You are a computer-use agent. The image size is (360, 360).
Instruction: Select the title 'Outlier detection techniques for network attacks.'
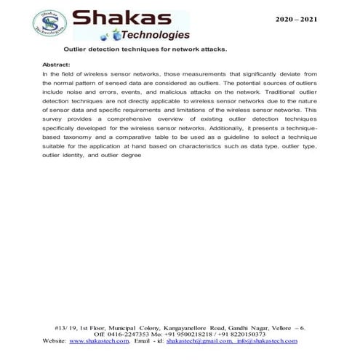click(x=145, y=50)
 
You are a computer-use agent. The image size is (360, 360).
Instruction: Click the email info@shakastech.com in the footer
click(x=266, y=340)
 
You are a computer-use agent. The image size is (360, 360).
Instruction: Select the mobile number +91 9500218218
click(x=190, y=334)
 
